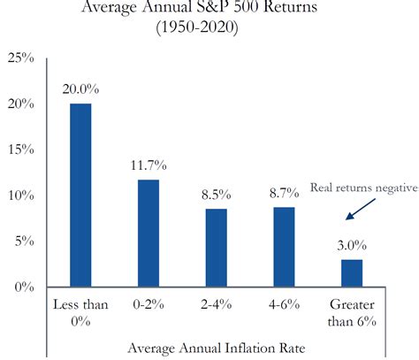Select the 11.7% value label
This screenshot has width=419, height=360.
click(148, 165)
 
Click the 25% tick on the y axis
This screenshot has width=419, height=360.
click(20, 58)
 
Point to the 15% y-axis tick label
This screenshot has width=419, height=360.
click(20, 149)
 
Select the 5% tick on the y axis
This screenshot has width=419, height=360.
click(24, 241)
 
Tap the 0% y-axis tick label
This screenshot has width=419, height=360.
click(24, 287)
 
